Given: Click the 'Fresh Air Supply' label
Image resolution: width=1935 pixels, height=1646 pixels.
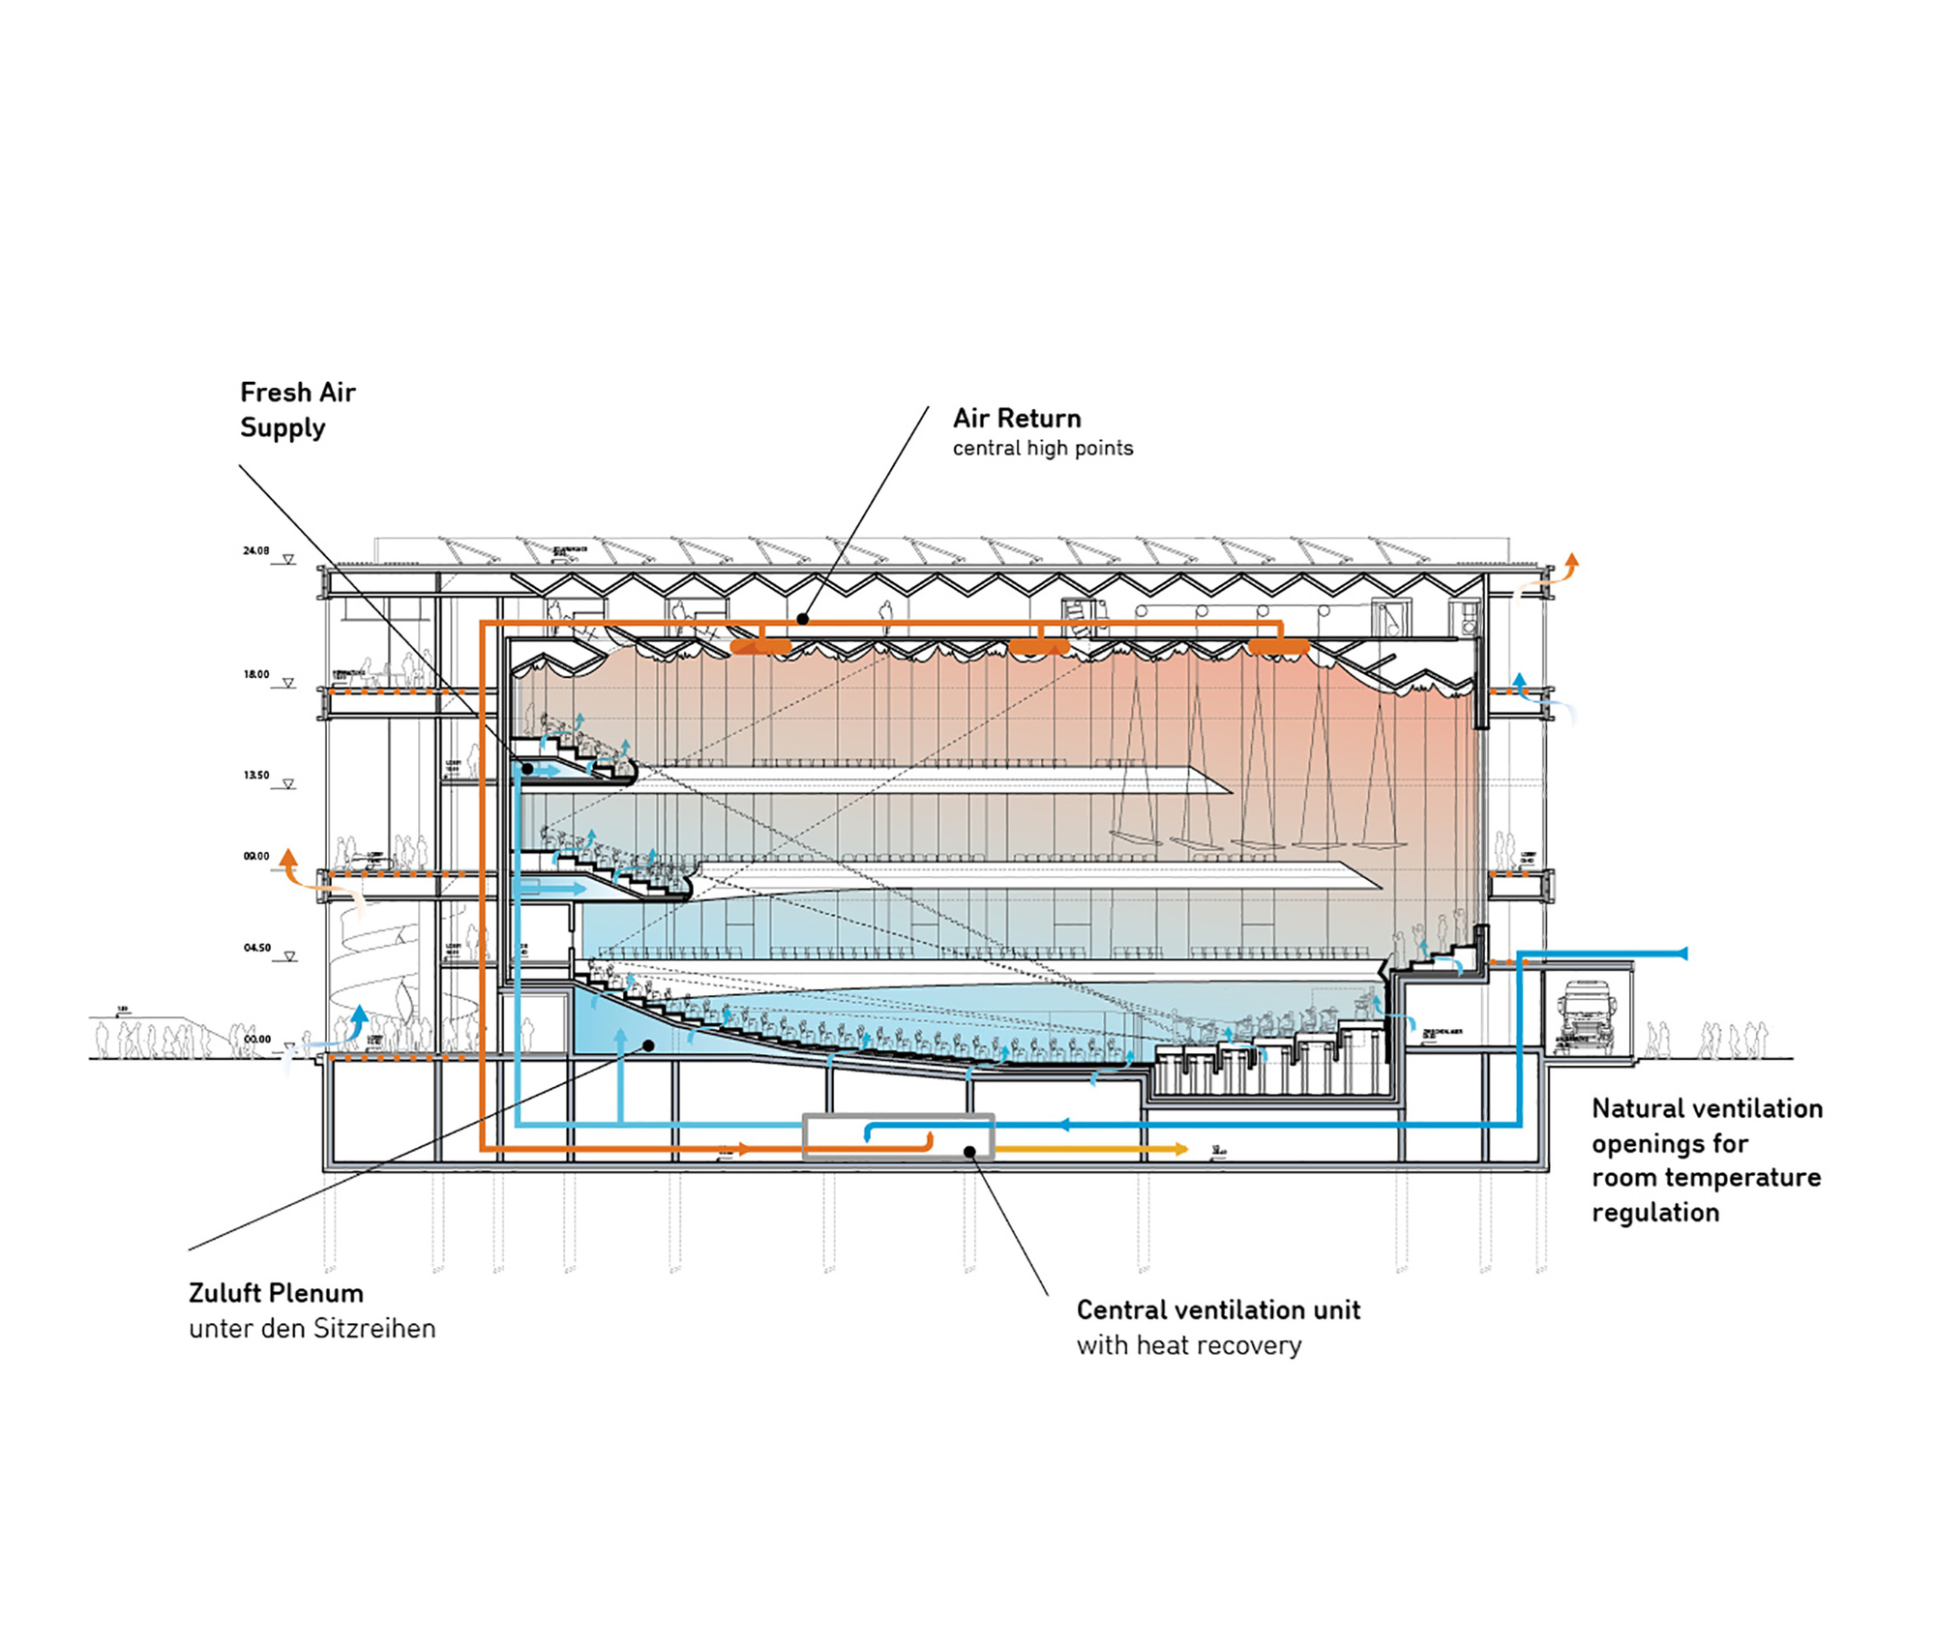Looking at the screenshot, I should [x=297, y=410].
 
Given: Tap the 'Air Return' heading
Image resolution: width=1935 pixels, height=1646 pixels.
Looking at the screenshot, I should [x=1016, y=418].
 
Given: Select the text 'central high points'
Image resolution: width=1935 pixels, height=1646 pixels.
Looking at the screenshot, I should [x=1042, y=448].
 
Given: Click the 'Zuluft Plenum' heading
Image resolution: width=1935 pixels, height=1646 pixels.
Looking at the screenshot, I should [x=276, y=1293].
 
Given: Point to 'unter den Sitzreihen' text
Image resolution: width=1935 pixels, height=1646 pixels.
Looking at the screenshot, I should [x=312, y=1329].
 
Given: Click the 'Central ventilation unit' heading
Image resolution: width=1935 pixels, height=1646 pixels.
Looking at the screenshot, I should [x=1218, y=1309].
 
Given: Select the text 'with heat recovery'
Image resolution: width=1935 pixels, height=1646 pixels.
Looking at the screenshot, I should [x=1188, y=1345].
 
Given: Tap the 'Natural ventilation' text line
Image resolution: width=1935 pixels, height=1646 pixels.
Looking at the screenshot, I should [x=1707, y=1108].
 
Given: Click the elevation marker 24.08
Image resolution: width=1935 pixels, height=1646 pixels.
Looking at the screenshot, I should [x=256, y=551].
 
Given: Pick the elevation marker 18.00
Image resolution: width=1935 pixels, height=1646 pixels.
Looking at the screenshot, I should [x=256, y=675].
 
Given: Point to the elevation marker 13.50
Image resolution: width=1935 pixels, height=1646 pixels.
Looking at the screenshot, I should [x=256, y=776].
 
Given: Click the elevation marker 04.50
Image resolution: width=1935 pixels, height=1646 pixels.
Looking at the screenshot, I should [x=256, y=949].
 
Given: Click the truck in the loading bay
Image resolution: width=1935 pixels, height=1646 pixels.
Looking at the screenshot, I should [x=1584, y=1017].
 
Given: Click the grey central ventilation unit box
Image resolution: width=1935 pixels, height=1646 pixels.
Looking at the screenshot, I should [x=898, y=1135].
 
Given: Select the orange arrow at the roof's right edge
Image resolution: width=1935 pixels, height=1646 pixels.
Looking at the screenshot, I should [x=1569, y=564].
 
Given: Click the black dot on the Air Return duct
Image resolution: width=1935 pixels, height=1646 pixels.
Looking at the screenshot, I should [x=803, y=619].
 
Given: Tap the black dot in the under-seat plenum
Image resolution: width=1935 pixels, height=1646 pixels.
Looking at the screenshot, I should [x=649, y=1045].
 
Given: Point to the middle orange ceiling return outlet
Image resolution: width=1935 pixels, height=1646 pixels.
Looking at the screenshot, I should [x=1039, y=645].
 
